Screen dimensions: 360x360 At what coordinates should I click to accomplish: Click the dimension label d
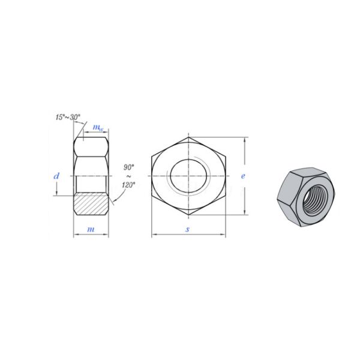[x=56, y=176]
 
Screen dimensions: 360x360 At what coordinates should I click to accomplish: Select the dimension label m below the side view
[x=91, y=229]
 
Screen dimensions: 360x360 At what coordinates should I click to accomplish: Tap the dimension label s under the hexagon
[x=188, y=229]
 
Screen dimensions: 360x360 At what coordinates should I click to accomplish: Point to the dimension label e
[x=243, y=176]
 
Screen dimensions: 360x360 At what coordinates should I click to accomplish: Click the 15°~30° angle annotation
[x=68, y=117]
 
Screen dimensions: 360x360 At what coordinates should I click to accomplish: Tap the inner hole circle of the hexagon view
[x=188, y=175]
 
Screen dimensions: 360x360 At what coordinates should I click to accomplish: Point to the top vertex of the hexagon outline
[x=188, y=137]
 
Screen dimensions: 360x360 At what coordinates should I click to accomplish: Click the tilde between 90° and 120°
[x=128, y=176]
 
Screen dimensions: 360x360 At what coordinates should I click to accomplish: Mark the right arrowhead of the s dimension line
[x=223, y=234]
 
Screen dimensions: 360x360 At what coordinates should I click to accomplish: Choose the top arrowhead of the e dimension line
[x=245, y=140]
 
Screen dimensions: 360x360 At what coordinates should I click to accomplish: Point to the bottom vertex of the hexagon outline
[x=188, y=214]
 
